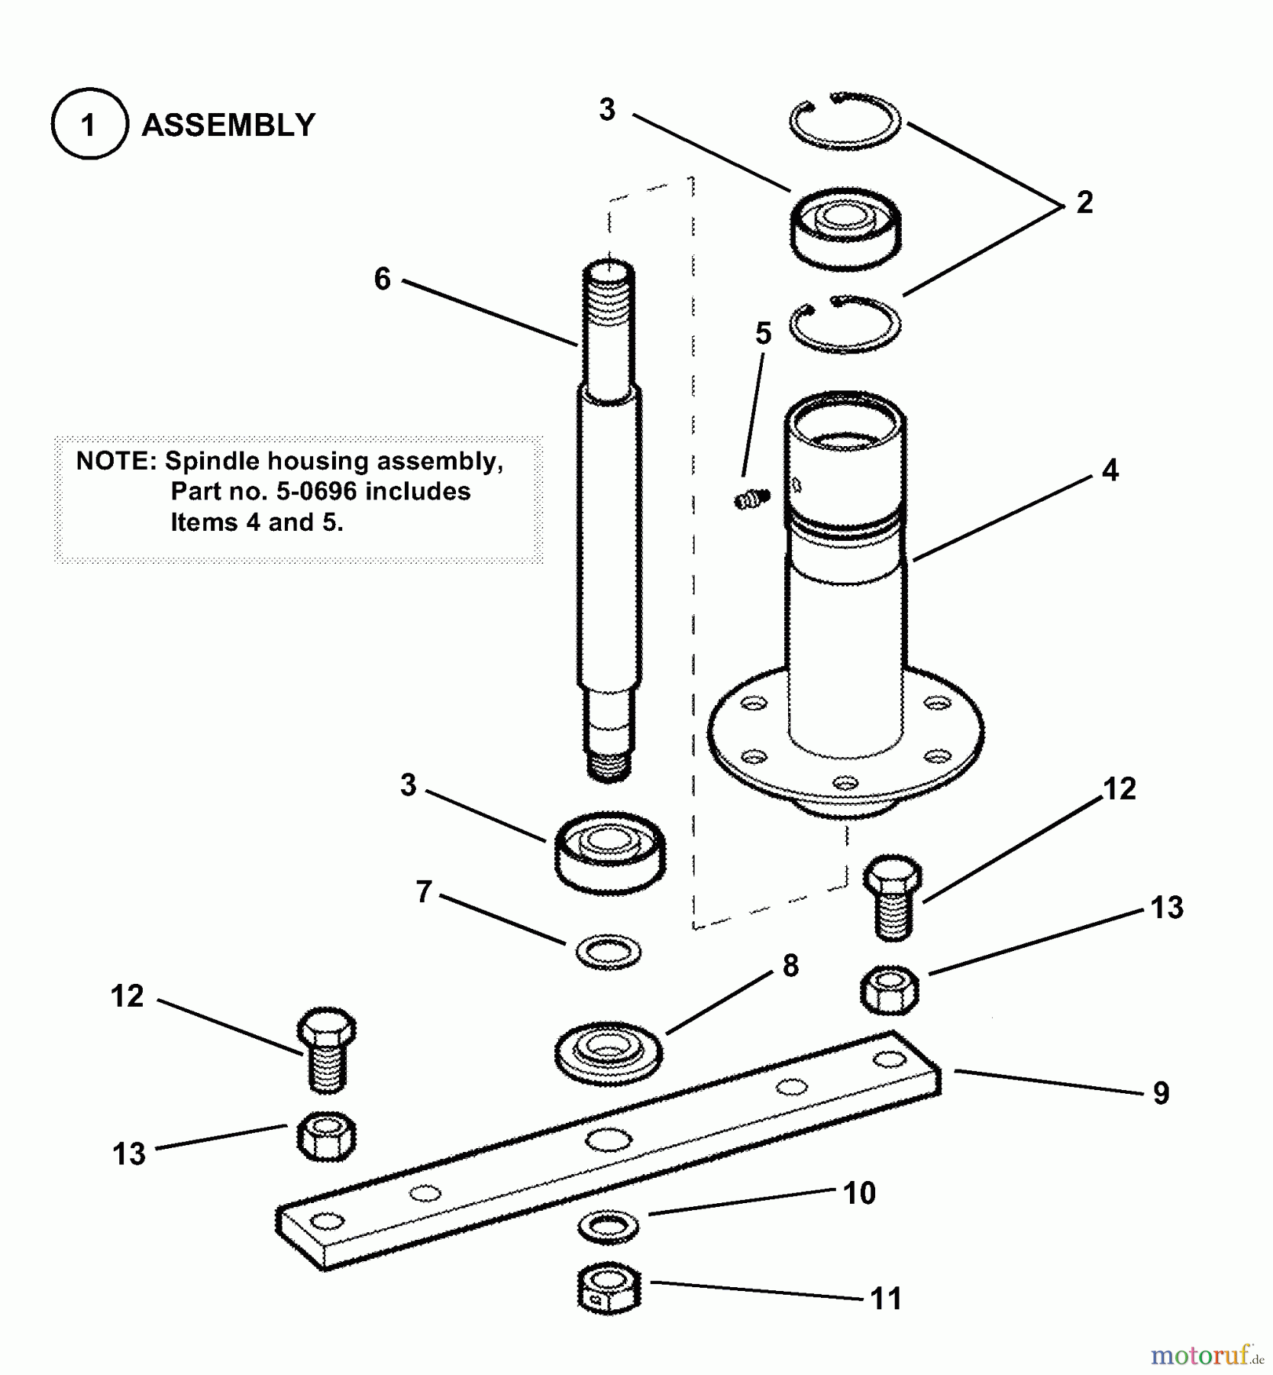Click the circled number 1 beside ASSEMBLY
point(89,125)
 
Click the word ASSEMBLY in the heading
point(228,125)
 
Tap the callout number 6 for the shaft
point(382,279)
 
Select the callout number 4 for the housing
point(1110,471)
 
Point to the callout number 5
point(763,333)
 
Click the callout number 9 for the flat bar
point(1161,1093)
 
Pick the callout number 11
point(886,1299)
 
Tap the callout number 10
point(859,1193)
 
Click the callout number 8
point(790,966)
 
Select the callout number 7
point(424,891)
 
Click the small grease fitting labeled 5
point(752,500)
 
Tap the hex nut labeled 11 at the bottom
point(609,1289)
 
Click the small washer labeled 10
point(609,1226)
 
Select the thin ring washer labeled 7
point(608,952)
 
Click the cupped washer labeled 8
point(609,1053)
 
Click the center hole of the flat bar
point(609,1140)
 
